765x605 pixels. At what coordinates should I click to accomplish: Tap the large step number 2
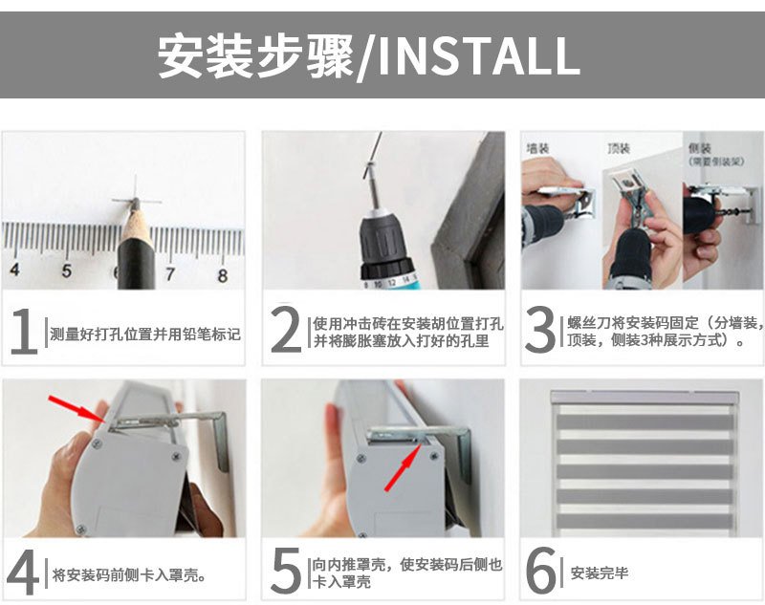click(286, 331)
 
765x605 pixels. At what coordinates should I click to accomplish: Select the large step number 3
click(541, 331)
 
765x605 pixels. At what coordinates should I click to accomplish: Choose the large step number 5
click(286, 573)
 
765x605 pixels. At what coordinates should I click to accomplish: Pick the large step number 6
click(542, 573)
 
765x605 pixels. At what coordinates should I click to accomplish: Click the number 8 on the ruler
click(223, 275)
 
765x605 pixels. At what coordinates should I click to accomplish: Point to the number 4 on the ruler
click(14, 270)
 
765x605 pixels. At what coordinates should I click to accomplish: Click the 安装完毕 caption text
click(600, 573)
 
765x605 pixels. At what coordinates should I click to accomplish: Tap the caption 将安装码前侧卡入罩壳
click(129, 575)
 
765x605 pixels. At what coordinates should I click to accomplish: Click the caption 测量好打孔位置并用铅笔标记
click(143, 334)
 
